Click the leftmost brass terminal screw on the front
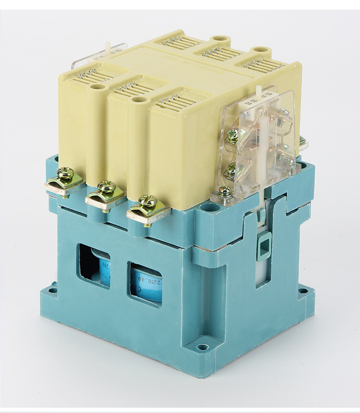pos(65,174)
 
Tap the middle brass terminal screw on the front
pos(106,187)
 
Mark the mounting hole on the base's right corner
pos(302,291)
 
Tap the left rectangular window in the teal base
pos(94,266)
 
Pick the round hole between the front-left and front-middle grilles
pos(98,87)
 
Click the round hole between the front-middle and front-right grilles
pos(139,99)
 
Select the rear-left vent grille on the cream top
pos(181,42)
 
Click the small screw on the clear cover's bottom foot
pos(225,192)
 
